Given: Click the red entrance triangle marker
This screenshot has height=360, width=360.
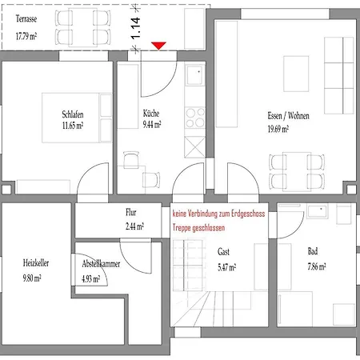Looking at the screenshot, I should click(159, 46).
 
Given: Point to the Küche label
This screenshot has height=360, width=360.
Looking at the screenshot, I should click(152, 114).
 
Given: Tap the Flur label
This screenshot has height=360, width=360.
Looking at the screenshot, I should click(133, 214).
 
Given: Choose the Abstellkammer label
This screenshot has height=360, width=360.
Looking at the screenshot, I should click(102, 262).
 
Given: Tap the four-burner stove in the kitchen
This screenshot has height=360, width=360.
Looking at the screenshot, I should click(195, 118).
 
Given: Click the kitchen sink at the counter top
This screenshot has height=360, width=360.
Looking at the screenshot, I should click(195, 77).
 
